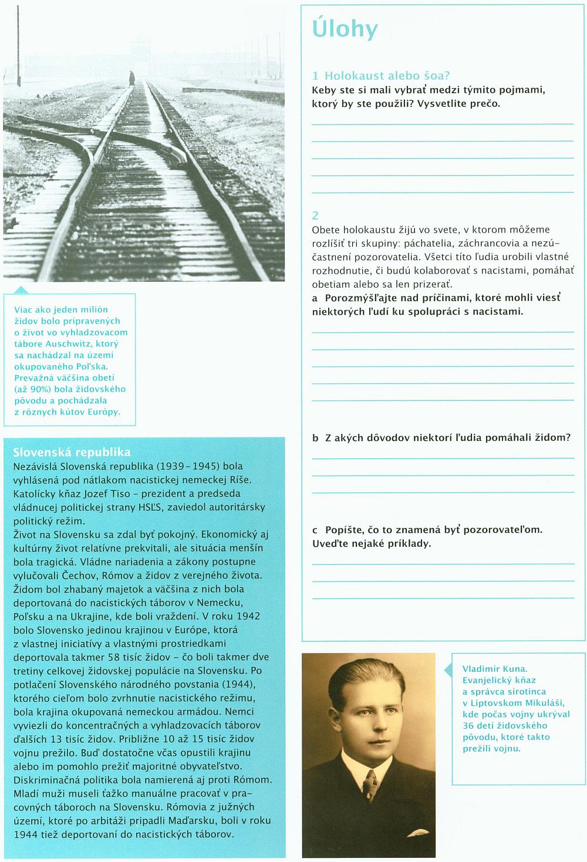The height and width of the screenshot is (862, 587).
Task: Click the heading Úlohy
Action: click(x=345, y=29)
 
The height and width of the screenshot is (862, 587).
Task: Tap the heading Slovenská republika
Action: click(x=72, y=452)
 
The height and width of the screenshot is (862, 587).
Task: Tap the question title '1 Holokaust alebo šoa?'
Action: click(x=381, y=76)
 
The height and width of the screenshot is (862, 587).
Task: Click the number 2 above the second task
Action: click(x=315, y=215)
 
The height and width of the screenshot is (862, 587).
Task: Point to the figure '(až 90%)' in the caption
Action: click(x=31, y=389)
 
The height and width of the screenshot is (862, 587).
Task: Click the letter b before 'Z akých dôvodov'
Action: click(x=315, y=438)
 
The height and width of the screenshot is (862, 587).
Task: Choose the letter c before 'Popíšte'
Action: click(x=315, y=530)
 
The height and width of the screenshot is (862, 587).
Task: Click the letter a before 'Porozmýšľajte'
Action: click(x=315, y=298)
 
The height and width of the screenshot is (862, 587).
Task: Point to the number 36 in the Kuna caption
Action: click(x=468, y=726)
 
